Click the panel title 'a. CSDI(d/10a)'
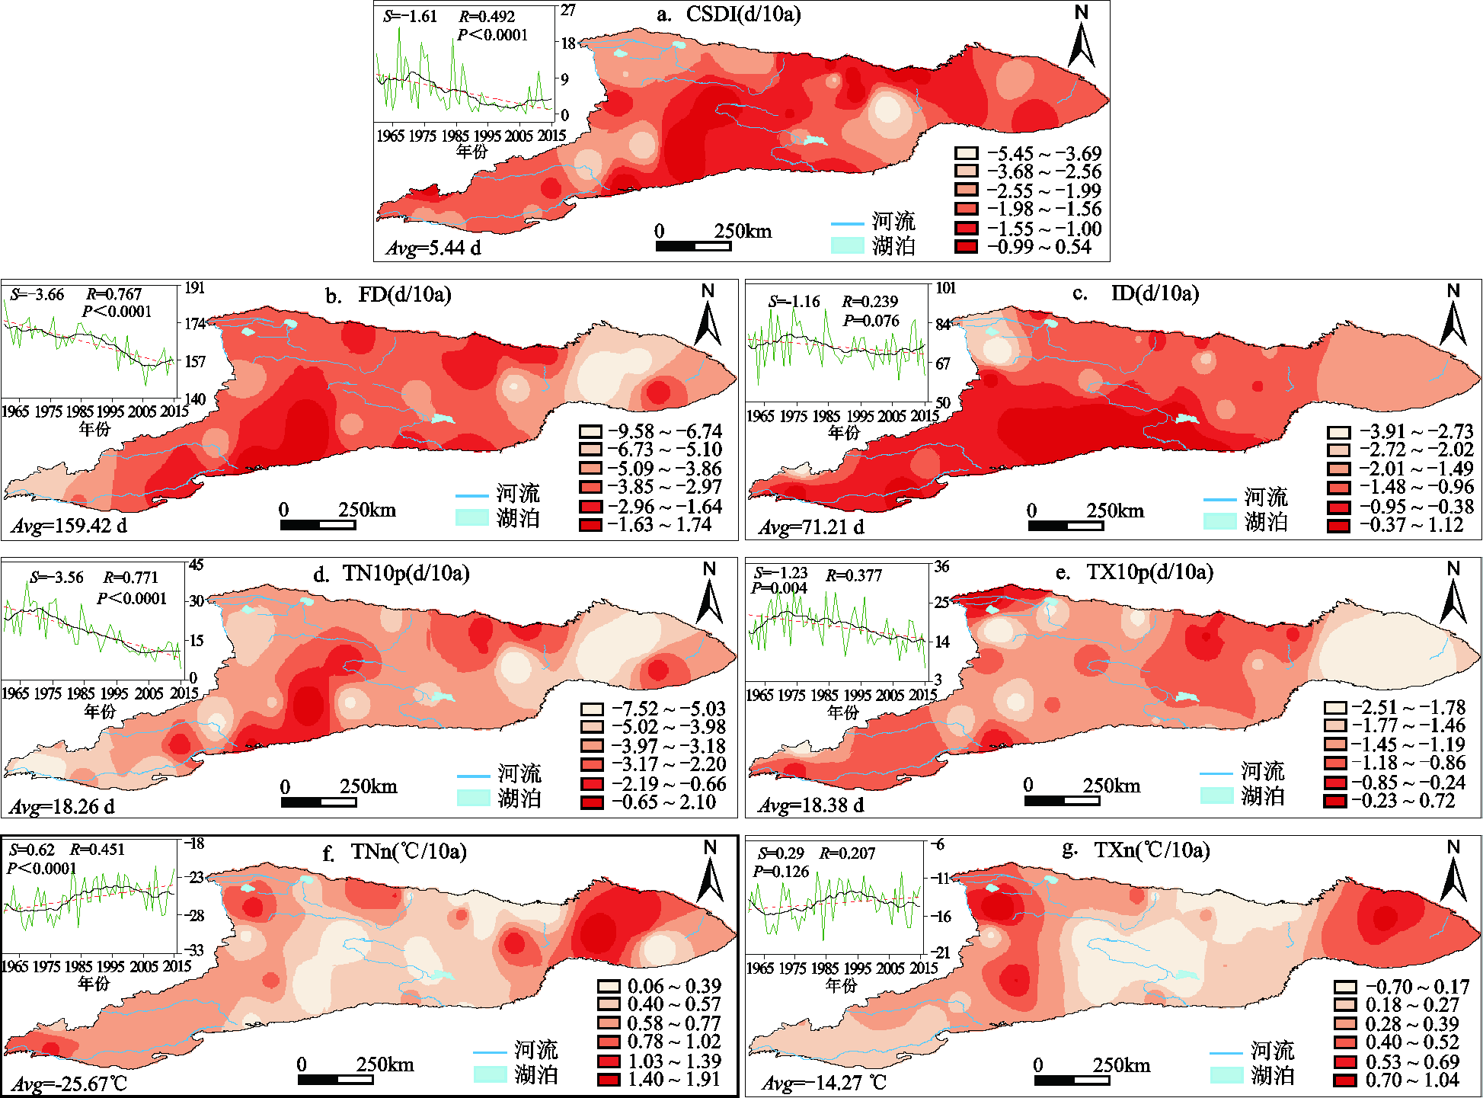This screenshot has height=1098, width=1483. coord(728,14)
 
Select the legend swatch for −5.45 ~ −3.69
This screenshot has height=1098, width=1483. coord(967,153)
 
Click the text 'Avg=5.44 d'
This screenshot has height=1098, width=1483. coord(433,248)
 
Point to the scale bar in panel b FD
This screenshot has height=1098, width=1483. coord(318,524)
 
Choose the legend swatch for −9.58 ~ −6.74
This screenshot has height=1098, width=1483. coord(590,431)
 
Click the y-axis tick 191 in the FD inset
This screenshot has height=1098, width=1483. coord(195,288)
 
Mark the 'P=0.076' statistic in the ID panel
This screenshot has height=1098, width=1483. coord(871,321)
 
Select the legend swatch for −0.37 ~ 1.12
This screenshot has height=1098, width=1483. coord(1338,525)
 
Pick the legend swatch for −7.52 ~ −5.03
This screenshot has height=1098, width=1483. coord(592,709)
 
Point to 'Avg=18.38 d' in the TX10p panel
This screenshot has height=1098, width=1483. coord(811,805)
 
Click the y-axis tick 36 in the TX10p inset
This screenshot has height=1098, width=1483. coord(942,567)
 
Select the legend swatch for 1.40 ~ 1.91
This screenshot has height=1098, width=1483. coord(609,1079)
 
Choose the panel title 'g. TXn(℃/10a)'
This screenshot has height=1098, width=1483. coord(1136,850)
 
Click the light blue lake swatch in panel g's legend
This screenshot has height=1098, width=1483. coord(1226,1074)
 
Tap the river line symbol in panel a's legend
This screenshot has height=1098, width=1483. coord(847,224)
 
